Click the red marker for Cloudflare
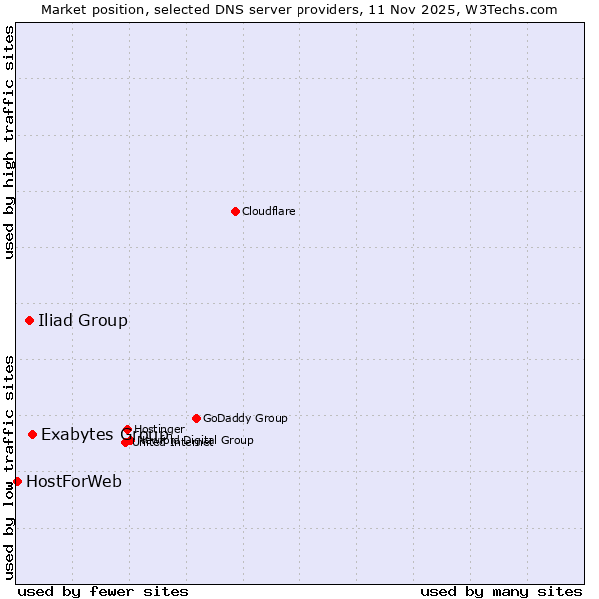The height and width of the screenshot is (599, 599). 235,211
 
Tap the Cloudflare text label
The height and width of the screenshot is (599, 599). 268,211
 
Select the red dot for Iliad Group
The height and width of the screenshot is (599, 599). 30,320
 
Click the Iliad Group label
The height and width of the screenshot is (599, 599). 83,320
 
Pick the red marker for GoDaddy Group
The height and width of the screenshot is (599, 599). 196,418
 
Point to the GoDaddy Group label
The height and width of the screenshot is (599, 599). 245,418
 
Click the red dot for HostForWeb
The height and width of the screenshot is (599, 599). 17,481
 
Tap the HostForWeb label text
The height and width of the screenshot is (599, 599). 74,481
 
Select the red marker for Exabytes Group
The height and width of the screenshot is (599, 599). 33,434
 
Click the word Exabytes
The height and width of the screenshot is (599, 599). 78,434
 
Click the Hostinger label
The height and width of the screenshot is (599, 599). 159,429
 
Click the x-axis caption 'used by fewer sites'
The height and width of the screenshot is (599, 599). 103,591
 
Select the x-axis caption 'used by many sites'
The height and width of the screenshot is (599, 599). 501,591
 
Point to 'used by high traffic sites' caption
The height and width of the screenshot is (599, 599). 9,142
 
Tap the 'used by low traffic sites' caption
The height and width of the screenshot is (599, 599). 9,466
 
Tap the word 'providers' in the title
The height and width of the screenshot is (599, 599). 303,9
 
